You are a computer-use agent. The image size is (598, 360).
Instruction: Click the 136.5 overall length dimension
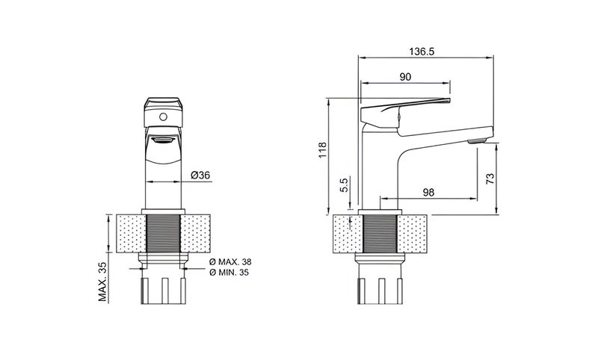point(422,52)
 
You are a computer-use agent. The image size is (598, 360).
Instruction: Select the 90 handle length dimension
point(405,77)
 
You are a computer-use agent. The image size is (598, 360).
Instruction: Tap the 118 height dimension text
point(323,150)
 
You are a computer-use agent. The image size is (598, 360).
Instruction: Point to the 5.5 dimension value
point(344,185)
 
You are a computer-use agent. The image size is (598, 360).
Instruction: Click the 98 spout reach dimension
point(428,193)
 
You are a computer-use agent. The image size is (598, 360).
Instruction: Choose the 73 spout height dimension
point(490,179)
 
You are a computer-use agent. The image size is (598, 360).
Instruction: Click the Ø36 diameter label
point(200,176)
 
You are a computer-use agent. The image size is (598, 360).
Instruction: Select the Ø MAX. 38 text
point(230,262)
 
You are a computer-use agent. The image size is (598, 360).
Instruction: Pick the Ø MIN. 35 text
point(229,273)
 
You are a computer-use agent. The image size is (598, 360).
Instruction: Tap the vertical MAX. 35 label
point(102,282)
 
